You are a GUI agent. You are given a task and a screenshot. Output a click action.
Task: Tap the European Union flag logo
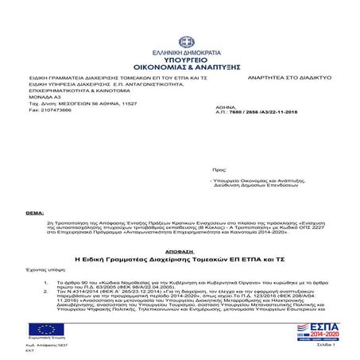click(41, 330)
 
